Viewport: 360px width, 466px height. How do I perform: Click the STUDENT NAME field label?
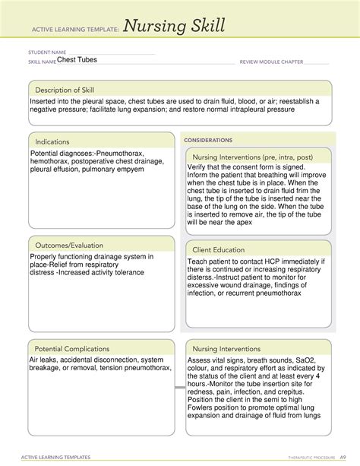[46, 53]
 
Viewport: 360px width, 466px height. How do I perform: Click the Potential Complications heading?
[74, 348]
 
